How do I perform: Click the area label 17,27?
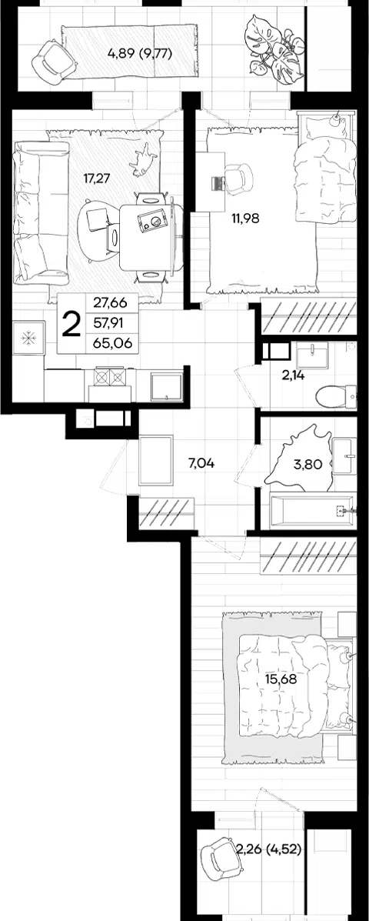click(98, 179)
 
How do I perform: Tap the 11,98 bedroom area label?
click(245, 218)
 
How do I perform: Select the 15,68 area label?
click(280, 679)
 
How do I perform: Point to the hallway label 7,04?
click(201, 463)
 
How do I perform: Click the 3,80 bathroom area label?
click(307, 466)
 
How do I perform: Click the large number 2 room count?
click(71, 324)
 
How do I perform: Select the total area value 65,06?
click(112, 343)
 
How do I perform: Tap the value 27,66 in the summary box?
click(112, 304)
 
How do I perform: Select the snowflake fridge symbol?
click(28, 339)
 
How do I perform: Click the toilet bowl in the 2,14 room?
click(335, 396)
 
